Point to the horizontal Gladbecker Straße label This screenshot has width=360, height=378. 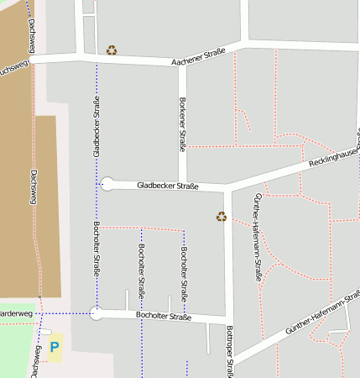pyautogui.click(x=168, y=186)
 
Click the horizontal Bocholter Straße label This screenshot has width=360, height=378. pyautogui.click(x=164, y=317)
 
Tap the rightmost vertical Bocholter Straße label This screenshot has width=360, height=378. pyautogui.click(x=184, y=276)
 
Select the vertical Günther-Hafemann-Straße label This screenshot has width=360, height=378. pyautogui.click(x=258, y=235)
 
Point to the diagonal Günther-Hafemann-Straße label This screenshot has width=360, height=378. pyautogui.click(x=322, y=313)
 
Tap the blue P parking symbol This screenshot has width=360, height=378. pyautogui.click(x=55, y=346)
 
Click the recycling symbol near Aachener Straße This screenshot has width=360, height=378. pyautogui.click(x=112, y=50)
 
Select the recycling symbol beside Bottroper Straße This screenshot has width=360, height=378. pyautogui.click(x=222, y=217)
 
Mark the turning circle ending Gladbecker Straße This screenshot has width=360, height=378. pyautogui.click(x=107, y=184)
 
